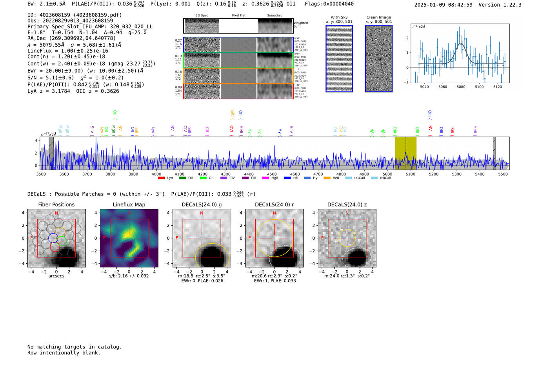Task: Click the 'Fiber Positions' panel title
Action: click(x=56, y=204)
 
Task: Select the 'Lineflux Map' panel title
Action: click(x=129, y=204)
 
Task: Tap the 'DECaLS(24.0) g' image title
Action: click(x=202, y=204)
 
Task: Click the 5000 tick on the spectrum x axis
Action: click(x=387, y=174)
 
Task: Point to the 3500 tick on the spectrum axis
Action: click(x=41, y=174)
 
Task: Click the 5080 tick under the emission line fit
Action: click(x=461, y=87)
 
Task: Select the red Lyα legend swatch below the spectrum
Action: click(x=161, y=178)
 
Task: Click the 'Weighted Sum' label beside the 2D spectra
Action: click(x=301, y=25)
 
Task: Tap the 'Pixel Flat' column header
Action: click(x=238, y=16)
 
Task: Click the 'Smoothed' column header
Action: click(x=274, y=16)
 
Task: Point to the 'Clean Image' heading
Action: click(x=378, y=17)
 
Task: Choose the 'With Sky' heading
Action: click(x=339, y=17)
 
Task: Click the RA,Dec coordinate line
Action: click(x=71, y=38)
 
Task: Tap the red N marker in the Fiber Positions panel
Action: click(x=56, y=213)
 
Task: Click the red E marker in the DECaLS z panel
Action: click(x=322, y=238)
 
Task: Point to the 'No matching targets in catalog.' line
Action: click(x=75, y=347)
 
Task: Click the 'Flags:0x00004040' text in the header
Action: click(x=329, y=4)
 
